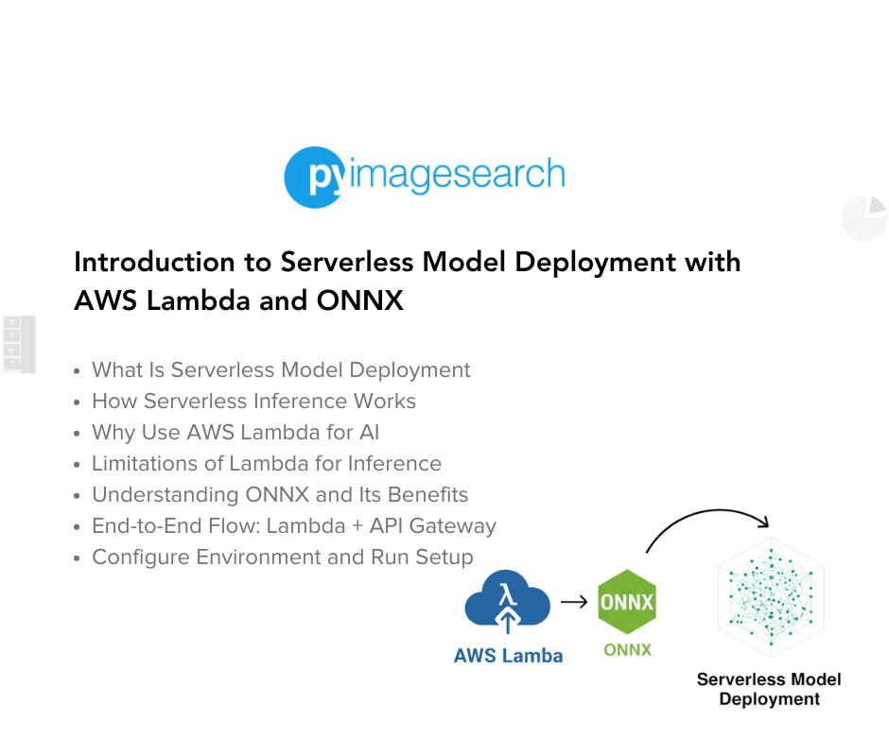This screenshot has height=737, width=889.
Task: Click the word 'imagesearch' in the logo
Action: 456,175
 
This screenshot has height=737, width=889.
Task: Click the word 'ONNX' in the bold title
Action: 360,300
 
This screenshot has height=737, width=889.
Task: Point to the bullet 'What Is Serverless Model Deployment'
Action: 281,370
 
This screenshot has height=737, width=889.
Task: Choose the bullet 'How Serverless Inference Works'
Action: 253,402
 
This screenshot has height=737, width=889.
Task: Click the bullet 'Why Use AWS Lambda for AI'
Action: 235,433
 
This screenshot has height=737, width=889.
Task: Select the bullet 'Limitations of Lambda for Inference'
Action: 267,464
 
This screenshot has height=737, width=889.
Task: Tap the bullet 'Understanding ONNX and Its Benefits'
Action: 280,495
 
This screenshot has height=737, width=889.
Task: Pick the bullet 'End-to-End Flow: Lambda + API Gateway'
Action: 293,526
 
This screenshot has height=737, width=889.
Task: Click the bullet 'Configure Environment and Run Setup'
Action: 282,557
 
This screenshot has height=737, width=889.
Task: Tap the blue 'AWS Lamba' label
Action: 508,656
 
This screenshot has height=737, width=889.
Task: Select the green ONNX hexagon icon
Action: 627,602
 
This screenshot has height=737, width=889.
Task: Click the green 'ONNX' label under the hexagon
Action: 627,650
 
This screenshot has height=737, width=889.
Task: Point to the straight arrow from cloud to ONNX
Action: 573,602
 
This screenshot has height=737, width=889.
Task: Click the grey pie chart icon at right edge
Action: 864,218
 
